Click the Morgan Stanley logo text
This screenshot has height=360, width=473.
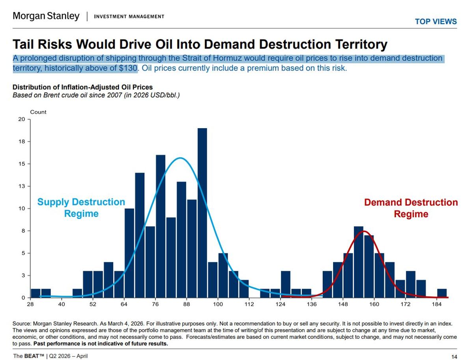46,16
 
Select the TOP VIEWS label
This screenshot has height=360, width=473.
436,22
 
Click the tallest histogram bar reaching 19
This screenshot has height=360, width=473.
202,213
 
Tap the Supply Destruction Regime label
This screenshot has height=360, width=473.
81,208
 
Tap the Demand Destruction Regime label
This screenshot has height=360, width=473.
411,208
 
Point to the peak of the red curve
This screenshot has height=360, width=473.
364,231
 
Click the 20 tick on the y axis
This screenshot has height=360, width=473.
22,119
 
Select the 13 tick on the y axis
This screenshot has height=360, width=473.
22,186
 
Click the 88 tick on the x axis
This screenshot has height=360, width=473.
186,304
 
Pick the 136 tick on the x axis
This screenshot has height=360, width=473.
311,304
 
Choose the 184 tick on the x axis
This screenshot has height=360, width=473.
437,304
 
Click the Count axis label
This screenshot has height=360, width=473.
38,112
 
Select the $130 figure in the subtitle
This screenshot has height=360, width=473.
128,68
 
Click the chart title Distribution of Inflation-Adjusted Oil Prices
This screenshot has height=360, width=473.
83,87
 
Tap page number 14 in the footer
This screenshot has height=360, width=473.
454,357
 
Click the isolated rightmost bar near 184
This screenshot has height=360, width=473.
442,293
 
